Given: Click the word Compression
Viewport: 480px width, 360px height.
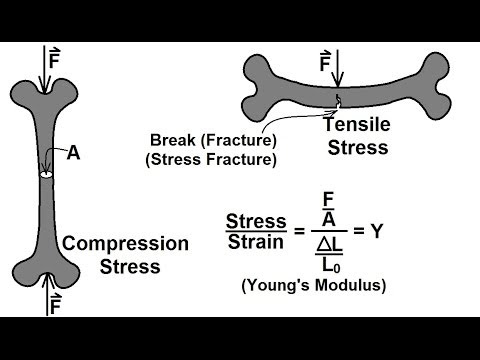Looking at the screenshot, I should pyautogui.click(x=125, y=243).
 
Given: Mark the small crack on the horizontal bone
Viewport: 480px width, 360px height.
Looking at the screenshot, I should pyautogui.click(x=339, y=101).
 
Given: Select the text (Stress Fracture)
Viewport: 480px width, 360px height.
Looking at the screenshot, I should pyautogui.click(x=210, y=158).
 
